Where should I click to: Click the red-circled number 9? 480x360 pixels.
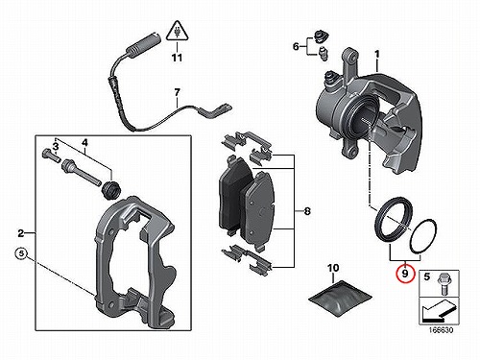coord(405,274)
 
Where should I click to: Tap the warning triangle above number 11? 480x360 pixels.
coord(177,32)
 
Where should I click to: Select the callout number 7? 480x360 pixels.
coord(177,93)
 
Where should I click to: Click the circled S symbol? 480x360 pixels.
coord(21,253)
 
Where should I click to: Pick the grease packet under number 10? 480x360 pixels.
coord(340,298)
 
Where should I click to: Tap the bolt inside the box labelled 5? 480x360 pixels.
coord(443,283)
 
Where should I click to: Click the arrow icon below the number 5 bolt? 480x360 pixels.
coord(439,310)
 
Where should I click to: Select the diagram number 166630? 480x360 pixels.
coord(441,330)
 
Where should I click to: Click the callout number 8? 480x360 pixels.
coord(307,211)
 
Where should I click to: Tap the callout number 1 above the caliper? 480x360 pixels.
coord(377,55)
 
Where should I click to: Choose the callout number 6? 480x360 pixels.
coord(297,47)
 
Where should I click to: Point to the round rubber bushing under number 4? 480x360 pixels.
coord(110,189)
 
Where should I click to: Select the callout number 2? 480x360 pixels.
coord(21,233)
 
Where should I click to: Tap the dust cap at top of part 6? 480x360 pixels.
coord(320,36)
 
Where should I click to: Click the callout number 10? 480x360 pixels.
coord(333,268)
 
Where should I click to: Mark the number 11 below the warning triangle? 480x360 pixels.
coord(177,58)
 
